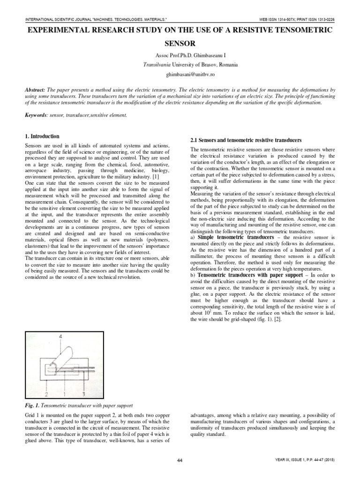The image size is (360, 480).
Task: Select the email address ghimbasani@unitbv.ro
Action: click(180, 74)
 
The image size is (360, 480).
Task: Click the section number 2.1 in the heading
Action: click(195, 141)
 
